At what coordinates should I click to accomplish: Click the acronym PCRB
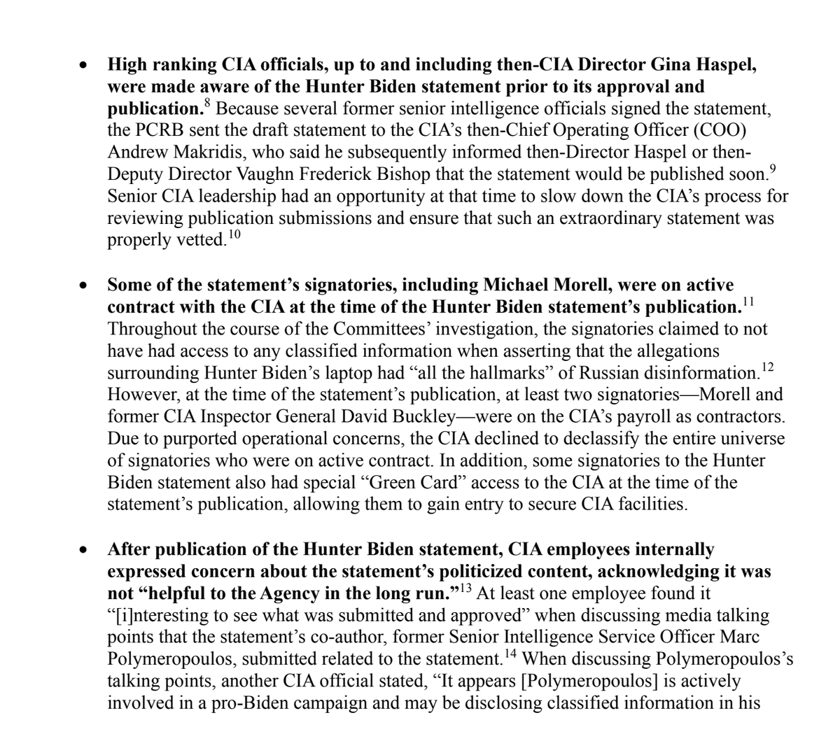pos(153,131)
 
